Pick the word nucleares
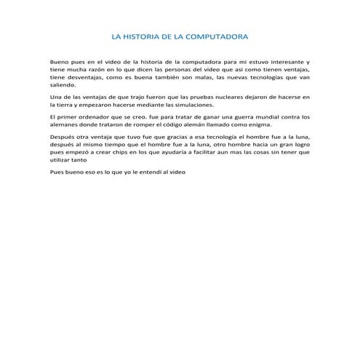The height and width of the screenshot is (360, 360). tap(225, 97)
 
